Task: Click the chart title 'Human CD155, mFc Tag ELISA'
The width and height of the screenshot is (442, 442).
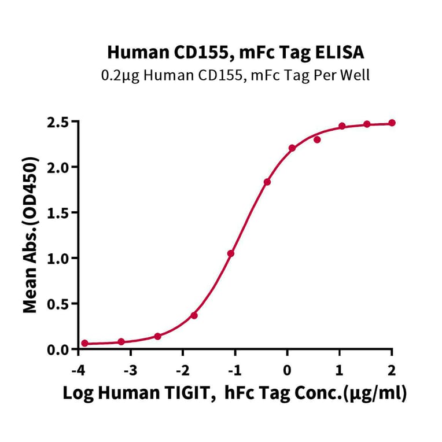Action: tap(235, 53)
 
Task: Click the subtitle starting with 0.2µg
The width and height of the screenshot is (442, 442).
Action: tap(235, 75)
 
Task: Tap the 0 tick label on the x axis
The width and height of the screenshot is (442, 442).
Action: tap(287, 370)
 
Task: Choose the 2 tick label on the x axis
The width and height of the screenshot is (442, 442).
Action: tap(392, 370)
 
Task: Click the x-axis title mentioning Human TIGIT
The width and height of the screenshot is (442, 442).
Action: tap(234, 394)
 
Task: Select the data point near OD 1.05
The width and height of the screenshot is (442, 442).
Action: tap(231, 253)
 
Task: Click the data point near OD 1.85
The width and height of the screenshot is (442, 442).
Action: tap(267, 182)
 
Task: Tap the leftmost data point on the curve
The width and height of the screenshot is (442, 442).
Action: tap(85, 343)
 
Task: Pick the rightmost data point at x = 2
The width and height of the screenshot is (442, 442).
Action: tap(392, 123)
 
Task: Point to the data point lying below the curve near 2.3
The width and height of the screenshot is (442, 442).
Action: tap(317, 139)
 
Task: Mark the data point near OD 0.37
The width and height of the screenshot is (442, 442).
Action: tap(194, 315)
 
